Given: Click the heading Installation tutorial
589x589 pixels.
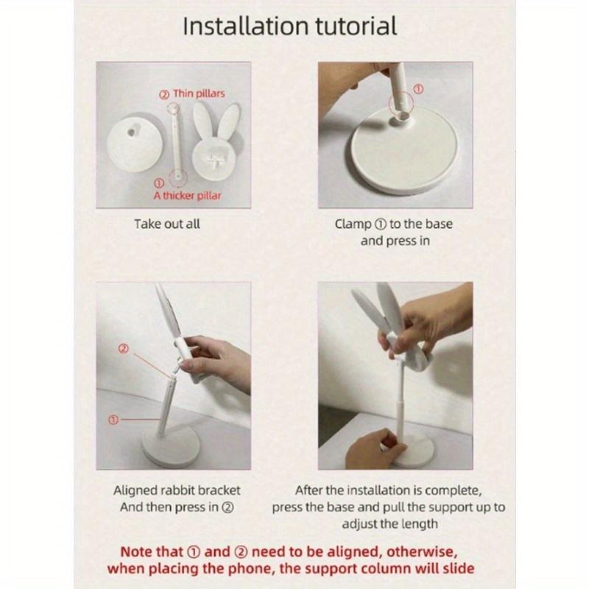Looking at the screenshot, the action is point(289,27).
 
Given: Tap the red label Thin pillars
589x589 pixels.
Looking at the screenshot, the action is point(199,94).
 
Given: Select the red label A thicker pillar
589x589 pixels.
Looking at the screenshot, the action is point(187,196).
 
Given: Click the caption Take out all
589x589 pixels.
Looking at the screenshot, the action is point(167,224).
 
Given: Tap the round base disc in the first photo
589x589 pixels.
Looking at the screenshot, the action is point(135,143).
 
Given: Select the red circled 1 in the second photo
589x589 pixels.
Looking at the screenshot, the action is point(418,89).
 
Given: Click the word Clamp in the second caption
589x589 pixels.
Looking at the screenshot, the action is point(353,225).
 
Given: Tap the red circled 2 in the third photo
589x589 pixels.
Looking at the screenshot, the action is point(123,348).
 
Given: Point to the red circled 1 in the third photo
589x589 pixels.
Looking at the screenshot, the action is point(113,420).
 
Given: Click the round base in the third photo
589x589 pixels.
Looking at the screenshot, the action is point(171,448).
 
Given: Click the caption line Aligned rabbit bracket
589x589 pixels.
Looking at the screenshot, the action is point(177,490).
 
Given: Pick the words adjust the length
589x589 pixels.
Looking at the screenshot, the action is point(390,524).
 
